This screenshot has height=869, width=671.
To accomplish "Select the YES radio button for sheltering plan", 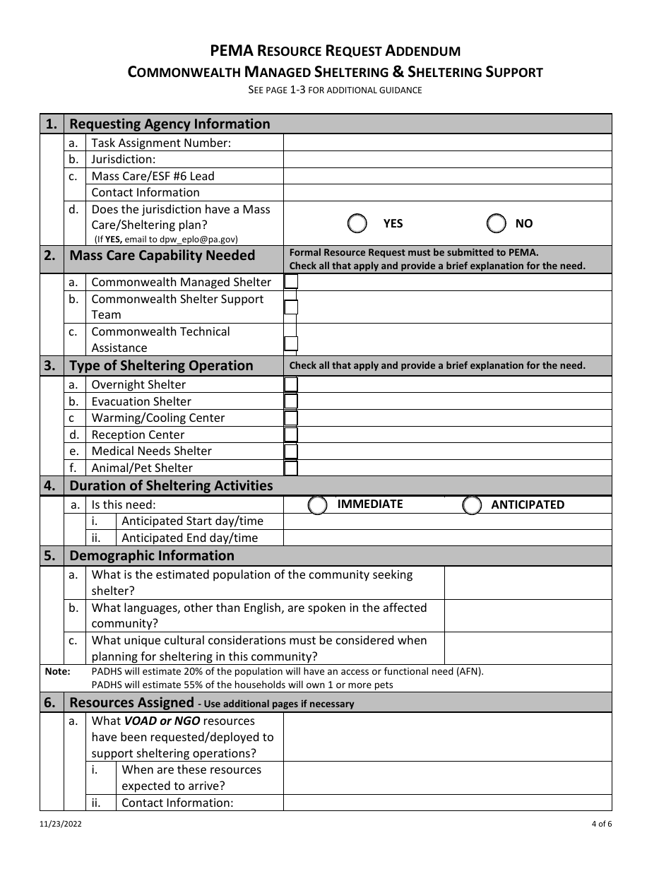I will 357,224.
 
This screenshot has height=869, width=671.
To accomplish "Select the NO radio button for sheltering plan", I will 497,224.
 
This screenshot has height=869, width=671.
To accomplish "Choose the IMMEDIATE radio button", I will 318,505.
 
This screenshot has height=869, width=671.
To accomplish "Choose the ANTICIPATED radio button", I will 472,505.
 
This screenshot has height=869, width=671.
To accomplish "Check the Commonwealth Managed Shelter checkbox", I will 291,282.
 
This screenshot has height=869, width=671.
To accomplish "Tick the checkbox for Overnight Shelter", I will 291,384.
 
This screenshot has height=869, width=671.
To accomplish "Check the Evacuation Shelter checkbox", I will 291,401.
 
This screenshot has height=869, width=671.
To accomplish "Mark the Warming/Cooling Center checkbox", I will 291,418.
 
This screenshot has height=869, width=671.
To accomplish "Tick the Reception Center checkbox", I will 291,435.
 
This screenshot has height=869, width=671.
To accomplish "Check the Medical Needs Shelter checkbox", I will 291,451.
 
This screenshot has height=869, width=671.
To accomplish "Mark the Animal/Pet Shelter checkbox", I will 291,468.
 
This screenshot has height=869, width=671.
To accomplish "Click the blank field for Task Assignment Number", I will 447,143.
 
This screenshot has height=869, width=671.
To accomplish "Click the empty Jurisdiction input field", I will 447,160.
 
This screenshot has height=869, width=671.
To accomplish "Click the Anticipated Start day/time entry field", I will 447,521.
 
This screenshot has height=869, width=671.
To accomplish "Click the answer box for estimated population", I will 528,583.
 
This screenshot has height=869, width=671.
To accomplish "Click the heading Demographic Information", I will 152,556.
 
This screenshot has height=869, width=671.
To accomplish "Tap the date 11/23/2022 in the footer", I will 61,823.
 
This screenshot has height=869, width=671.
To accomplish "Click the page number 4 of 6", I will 602,823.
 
